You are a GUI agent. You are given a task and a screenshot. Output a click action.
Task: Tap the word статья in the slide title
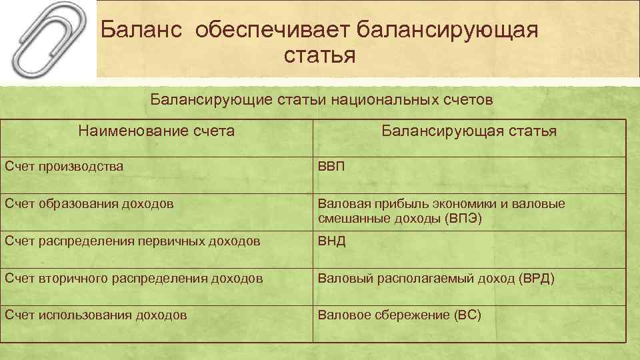click(319, 55)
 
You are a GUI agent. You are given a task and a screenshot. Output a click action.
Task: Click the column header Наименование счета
click(156, 131)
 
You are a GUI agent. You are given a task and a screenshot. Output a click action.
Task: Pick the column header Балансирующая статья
click(469, 131)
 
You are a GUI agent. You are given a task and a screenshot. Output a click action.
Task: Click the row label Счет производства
click(63, 166)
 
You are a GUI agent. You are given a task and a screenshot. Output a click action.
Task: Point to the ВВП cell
click(331, 166)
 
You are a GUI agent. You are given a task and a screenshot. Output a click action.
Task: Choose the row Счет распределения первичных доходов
click(132, 241)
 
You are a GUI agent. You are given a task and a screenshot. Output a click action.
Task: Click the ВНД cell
click(332, 241)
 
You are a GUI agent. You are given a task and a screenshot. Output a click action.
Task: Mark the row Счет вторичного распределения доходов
click(133, 278)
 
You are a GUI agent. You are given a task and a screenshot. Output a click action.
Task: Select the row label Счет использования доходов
click(95, 315)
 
